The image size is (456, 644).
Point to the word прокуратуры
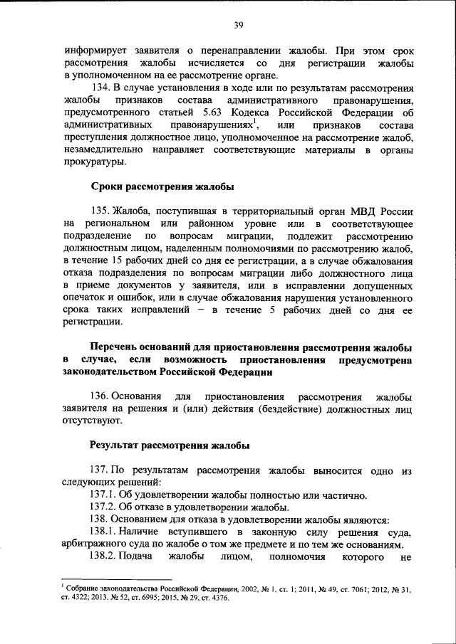tap(95, 163)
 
